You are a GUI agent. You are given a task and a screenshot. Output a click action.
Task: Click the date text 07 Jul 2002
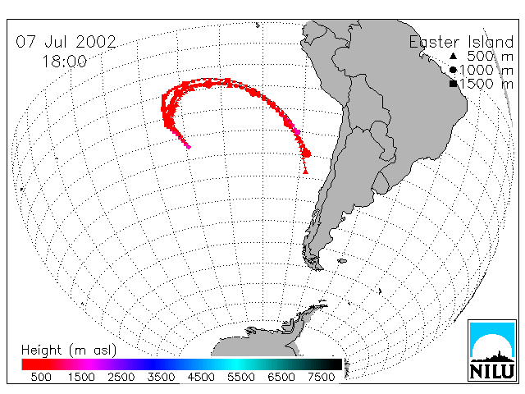point(66,42)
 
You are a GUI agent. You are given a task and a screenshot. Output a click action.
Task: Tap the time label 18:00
point(64,62)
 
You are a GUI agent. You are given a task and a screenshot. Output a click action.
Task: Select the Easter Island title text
point(461,43)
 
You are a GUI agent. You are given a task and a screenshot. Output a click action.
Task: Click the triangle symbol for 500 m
point(453,56)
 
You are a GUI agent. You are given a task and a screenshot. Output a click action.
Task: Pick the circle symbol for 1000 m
point(453,70)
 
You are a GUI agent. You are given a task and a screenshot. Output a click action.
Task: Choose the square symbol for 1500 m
point(453,84)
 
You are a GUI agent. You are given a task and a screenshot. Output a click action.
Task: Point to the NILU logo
point(492,350)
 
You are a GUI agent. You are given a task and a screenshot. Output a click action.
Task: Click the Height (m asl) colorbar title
point(69,350)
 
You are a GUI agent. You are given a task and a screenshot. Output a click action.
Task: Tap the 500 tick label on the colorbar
point(41,377)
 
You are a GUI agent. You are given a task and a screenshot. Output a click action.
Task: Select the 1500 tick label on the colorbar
point(81,377)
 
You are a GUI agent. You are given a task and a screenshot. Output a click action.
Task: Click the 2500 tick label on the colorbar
point(121,377)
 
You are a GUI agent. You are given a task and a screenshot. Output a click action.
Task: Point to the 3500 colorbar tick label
point(161,377)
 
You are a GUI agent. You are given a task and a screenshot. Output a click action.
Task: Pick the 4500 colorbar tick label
point(201,377)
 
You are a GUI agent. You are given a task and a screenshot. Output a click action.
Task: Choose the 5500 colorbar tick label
point(241,377)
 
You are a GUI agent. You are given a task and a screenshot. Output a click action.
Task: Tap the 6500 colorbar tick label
point(281,377)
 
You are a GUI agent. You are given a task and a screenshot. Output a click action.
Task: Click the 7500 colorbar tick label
point(321,377)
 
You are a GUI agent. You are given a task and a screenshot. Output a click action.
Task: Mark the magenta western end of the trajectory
point(189,146)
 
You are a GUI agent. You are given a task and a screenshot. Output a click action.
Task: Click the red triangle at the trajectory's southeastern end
point(305,172)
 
